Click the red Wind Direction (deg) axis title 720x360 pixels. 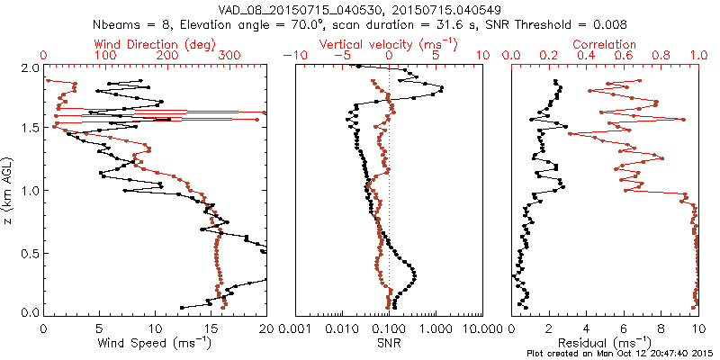pos(155,43)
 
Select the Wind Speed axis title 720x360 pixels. pos(155,343)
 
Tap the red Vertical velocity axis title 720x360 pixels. pos(388,43)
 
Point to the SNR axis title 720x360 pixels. pos(388,343)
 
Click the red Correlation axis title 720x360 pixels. pos(605,43)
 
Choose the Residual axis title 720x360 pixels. pos(605,343)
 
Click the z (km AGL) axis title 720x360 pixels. pos(8,190)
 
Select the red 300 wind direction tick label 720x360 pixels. pos(230,56)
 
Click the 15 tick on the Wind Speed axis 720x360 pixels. pos(211,328)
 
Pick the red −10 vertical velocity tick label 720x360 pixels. pos(294,56)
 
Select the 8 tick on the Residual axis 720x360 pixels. pos(661,328)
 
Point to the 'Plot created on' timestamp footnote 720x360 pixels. pos(620,354)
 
